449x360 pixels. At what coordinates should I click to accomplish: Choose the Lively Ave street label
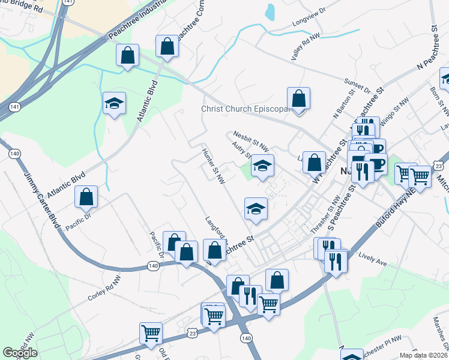pyautogui.click(x=372, y=260)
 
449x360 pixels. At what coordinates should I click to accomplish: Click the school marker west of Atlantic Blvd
pyautogui.click(x=114, y=103)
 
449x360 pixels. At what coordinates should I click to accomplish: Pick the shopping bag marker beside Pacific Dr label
pyautogui.click(x=86, y=196)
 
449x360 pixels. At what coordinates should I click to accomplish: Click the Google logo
pyautogui.click(x=20, y=353)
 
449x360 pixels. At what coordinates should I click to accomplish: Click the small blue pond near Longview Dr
pyautogui.click(x=270, y=11)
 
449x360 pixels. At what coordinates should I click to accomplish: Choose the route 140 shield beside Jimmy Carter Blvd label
pyautogui.click(x=14, y=154)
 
